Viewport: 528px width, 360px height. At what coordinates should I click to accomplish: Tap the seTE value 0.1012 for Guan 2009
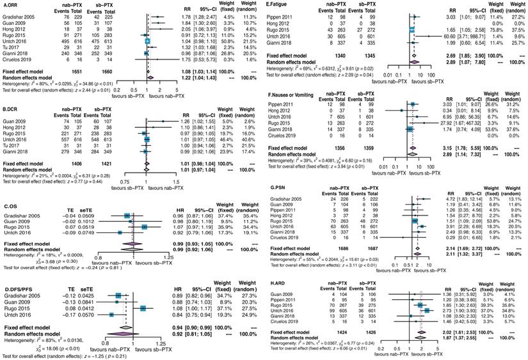click(x=70, y=221)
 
